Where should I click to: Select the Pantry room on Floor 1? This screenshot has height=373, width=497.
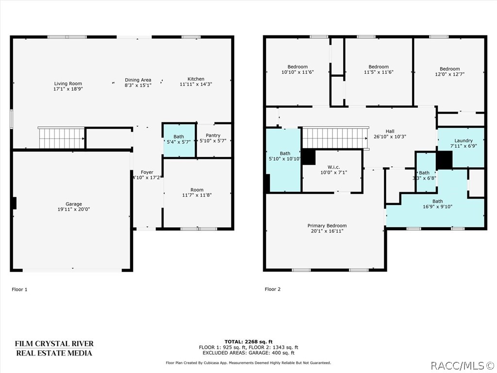(x=213, y=138)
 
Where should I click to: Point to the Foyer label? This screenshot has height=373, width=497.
(x=147, y=172)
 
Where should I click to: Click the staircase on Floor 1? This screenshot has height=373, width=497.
(x=62, y=138)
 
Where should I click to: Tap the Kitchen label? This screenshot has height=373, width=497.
(x=196, y=79)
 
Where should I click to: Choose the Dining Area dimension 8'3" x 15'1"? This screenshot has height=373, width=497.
(x=138, y=85)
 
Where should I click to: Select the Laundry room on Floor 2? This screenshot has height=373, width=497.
(x=463, y=144)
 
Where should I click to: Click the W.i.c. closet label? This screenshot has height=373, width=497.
(x=333, y=167)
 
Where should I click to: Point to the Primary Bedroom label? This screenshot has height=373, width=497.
(x=327, y=225)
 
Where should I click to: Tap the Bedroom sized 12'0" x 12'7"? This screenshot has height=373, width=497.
(x=449, y=72)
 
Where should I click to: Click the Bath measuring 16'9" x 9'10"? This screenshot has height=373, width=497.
(x=437, y=204)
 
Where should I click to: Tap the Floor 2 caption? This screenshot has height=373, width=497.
(x=273, y=289)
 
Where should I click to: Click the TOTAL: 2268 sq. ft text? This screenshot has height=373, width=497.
(x=248, y=341)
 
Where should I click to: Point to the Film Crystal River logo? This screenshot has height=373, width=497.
(x=54, y=348)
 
